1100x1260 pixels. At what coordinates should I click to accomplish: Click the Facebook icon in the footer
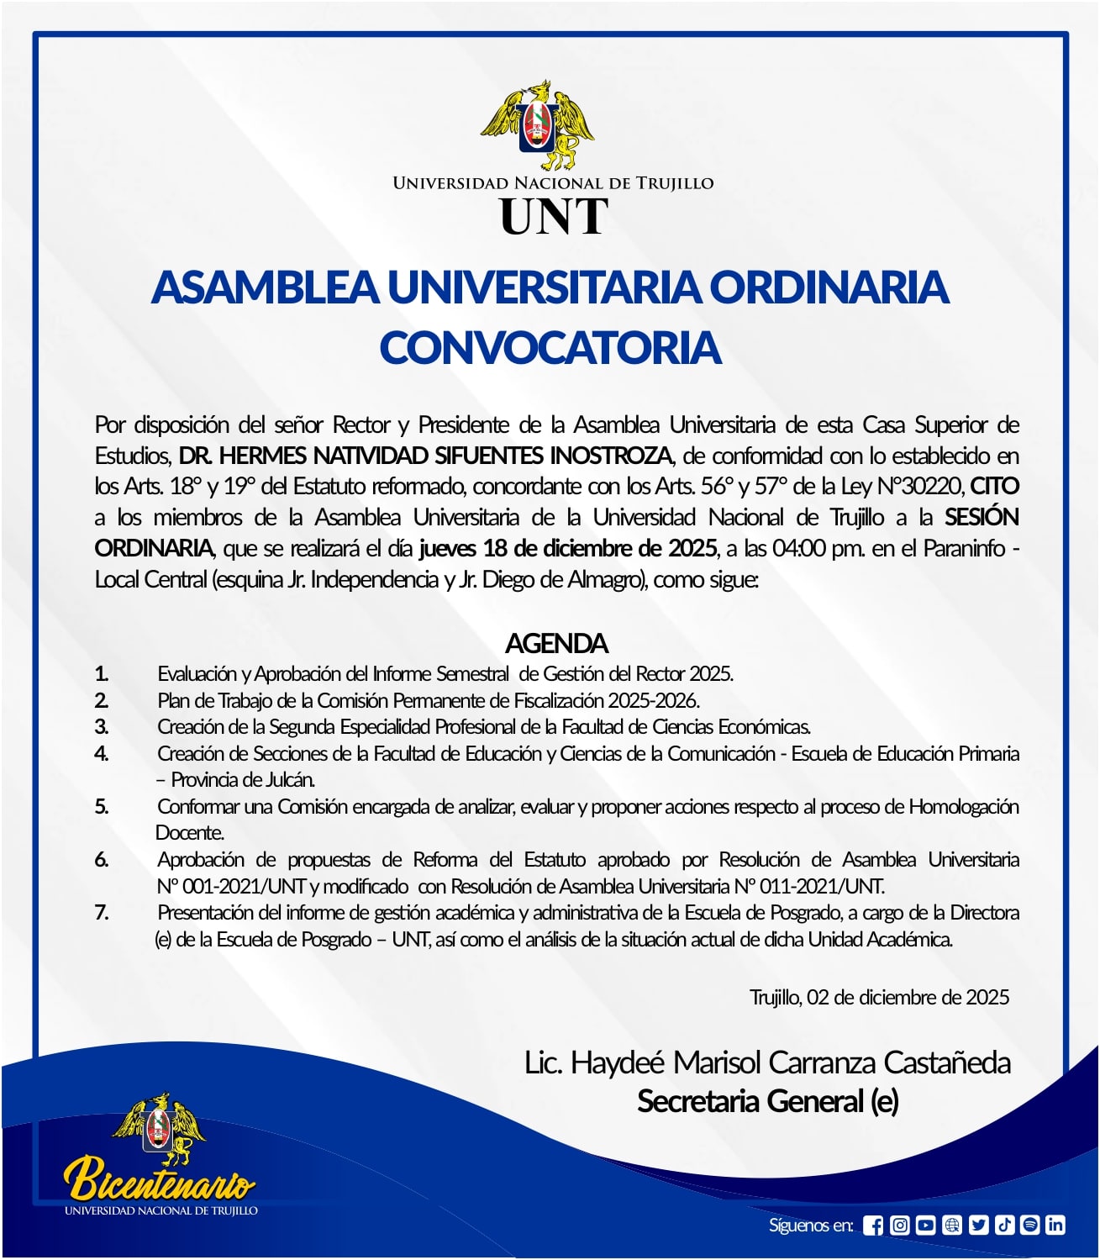(x=873, y=1226)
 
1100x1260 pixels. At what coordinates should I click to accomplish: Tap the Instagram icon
(x=899, y=1226)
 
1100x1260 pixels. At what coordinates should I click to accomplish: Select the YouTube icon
(x=925, y=1226)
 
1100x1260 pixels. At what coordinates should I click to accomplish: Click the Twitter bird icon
(x=978, y=1226)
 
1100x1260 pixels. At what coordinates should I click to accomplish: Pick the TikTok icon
(x=1004, y=1226)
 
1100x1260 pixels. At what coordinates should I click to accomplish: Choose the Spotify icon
(x=1029, y=1226)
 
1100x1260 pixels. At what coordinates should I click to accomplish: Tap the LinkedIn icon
(x=1055, y=1226)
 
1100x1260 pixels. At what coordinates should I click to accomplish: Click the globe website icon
(x=951, y=1226)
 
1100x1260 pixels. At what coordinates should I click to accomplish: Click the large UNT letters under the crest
(x=554, y=217)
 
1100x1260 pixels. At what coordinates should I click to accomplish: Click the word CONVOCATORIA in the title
(x=550, y=348)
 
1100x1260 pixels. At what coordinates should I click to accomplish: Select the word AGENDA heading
(x=556, y=644)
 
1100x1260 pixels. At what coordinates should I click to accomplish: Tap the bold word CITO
(x=994, y=487)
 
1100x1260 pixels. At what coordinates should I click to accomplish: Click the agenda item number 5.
(x=102, y=807)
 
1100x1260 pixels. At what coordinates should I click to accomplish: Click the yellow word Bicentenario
(x=160, y=1178)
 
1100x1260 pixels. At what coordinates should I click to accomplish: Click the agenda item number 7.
(x=102, y=913)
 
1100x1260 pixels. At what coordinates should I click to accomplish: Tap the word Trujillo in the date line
(x=774, y=998)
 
